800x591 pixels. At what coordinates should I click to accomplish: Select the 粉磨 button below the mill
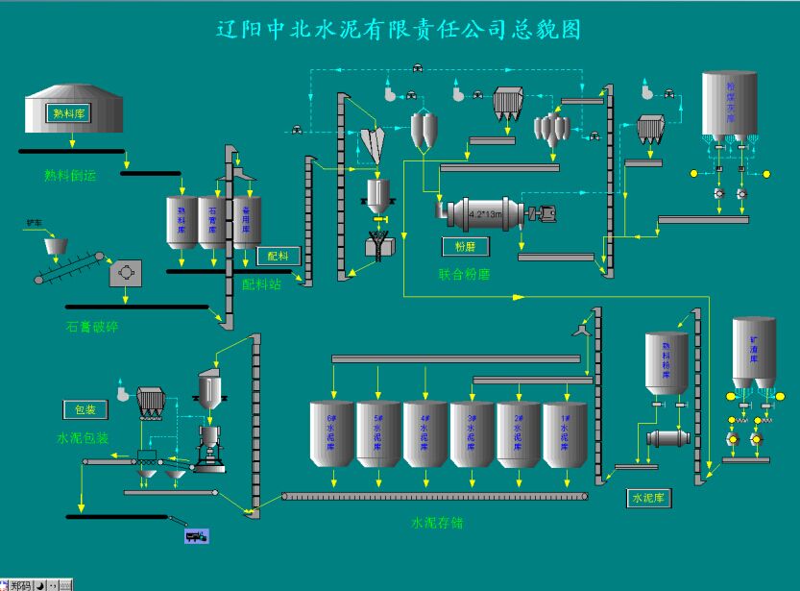(x=465, y=247)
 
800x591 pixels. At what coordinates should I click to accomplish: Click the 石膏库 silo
(x=211, y=223)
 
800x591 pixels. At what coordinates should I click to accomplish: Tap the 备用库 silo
(x=247, y=223)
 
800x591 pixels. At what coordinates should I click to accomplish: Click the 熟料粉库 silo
(x=667, y=363)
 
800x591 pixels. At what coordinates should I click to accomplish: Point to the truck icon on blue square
(x=196, y=535)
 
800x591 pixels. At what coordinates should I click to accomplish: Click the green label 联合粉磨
(x=465, y=274)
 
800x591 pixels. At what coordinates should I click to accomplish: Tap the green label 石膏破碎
(x=92, y=327)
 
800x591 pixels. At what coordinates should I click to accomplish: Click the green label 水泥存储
(x=437, y=524)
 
